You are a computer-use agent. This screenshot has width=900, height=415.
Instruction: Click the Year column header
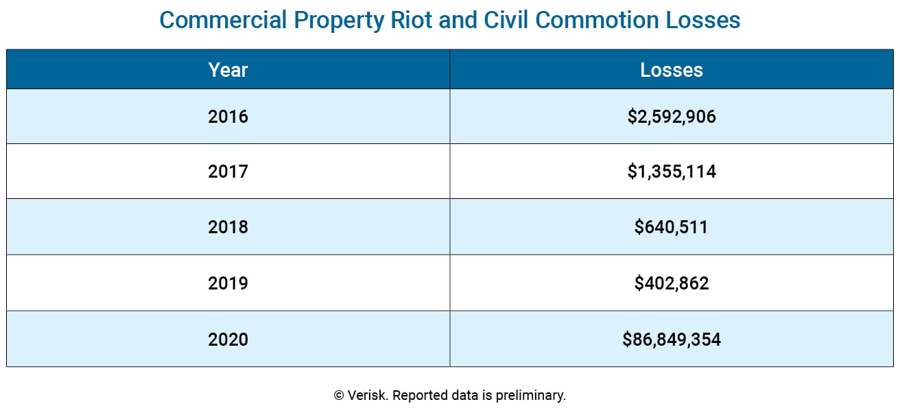[x=228, y=69]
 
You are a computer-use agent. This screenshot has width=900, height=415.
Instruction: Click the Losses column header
[x=672, y=69]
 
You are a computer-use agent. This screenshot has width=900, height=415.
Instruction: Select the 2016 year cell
[x=228, y=117]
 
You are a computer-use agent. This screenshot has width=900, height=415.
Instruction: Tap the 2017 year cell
[x=228, y=171]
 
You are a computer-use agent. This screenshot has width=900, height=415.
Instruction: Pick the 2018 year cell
[x=228, y=227]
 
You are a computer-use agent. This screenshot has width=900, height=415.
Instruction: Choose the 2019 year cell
[x=228, y=283]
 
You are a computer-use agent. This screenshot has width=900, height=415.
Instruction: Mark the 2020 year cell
[x=228, y=339]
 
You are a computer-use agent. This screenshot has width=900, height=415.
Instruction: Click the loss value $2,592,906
[x=672, y=117]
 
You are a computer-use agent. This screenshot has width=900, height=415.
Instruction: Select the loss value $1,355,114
[x=672, y=171]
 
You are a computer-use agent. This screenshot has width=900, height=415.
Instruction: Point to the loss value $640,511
[x=672, y=227]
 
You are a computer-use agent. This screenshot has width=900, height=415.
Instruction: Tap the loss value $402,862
[x=672, y=283]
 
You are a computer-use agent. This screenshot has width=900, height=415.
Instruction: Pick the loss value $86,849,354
[x=672, y=339]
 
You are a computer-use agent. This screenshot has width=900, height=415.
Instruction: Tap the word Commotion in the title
[x=597, y=20]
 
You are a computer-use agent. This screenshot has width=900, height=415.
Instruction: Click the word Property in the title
[x=335, y=21]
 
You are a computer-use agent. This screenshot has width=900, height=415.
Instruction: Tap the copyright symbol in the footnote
[x=339, y=396]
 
